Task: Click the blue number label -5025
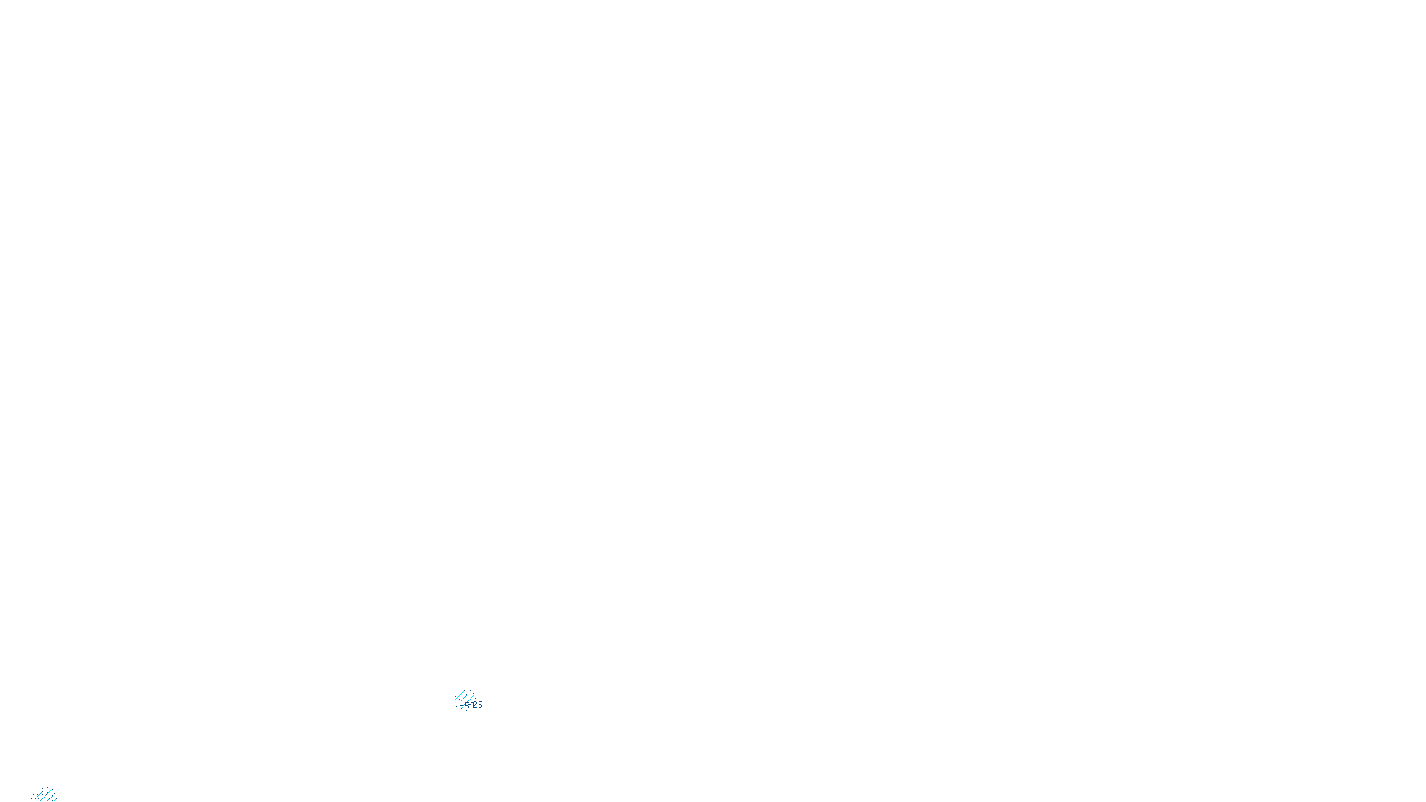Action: pos(471,705)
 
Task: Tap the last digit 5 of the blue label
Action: pos(480,705)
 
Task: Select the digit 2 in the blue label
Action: pos(474,705)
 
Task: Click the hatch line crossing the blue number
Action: pos(465,704)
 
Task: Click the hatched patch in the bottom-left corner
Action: pos(45,795)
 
